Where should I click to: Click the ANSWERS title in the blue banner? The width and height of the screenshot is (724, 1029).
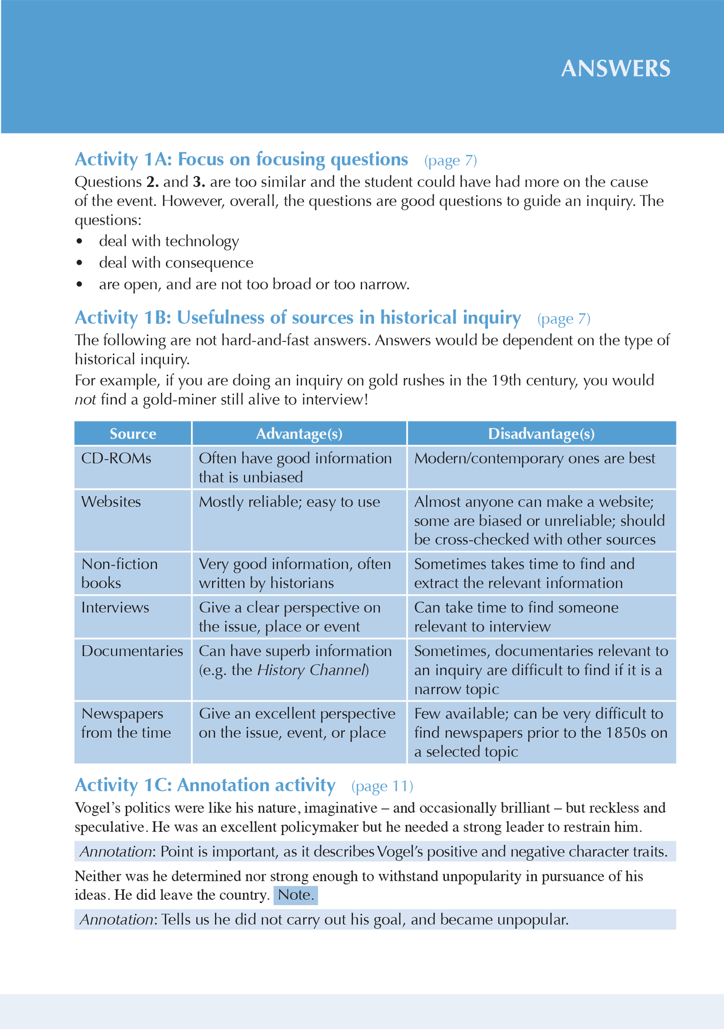point(615,69)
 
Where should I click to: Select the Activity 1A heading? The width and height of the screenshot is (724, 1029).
point(241,159)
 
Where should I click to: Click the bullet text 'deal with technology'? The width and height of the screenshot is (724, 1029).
point(169,242)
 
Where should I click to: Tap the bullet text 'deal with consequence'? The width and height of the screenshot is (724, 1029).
point(176,263)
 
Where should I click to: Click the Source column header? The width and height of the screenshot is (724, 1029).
point(133,434)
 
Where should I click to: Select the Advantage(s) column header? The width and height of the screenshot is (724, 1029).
point(299,434)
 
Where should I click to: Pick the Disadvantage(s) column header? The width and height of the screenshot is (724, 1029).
point(541,434)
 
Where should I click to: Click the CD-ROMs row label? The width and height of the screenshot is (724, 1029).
point(116,459)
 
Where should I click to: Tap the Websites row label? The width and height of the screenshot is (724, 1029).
point(111,502)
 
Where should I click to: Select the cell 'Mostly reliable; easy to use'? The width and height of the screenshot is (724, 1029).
point(289,502)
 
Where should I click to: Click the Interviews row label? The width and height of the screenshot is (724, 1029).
point(115,607)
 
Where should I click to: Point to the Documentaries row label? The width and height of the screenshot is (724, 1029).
point(132,651)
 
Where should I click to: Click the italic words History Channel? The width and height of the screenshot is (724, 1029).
point(312,670)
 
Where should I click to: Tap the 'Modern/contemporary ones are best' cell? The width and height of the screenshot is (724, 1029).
point(535,459)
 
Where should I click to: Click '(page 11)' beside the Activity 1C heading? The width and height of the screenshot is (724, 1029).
point(382,786)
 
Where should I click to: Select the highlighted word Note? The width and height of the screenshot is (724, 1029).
point(296,895)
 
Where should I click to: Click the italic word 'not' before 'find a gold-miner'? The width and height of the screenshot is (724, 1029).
point(85,400)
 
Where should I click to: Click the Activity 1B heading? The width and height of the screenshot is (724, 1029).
point(298,318)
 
